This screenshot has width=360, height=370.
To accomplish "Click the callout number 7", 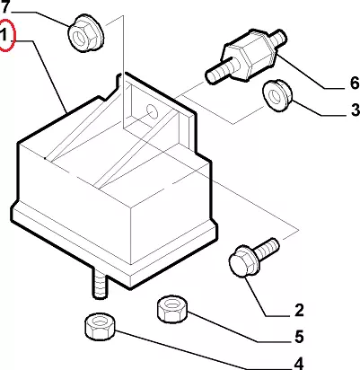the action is tap(5, 7).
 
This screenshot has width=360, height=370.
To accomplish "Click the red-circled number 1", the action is tap(4, 35).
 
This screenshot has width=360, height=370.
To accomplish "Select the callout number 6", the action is tap(355, 83).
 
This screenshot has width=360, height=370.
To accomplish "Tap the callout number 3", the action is tap(355, 110).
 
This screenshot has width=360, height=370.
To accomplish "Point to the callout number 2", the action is tap(299, 311).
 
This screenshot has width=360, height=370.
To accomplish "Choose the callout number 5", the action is tap(299, 337).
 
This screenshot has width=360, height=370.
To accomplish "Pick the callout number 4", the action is tap(299, 364).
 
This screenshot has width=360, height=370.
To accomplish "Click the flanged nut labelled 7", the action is tap(85, 32).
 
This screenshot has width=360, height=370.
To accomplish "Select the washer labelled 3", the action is tap(277, 95).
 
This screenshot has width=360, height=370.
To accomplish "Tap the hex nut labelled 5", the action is tap(172, 309).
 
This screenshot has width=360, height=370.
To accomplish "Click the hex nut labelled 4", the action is tap(100, 326).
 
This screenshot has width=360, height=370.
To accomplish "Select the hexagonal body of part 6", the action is tap(249, 55).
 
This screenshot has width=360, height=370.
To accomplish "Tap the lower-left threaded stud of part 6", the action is tap(222, 70).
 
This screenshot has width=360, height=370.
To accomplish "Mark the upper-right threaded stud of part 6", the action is tap(277, 38).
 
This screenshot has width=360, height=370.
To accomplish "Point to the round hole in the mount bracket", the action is tap(153, 112).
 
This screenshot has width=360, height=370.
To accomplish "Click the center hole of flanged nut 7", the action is tap(80, 38).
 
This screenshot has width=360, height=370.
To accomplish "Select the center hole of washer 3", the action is tap(275, 96).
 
